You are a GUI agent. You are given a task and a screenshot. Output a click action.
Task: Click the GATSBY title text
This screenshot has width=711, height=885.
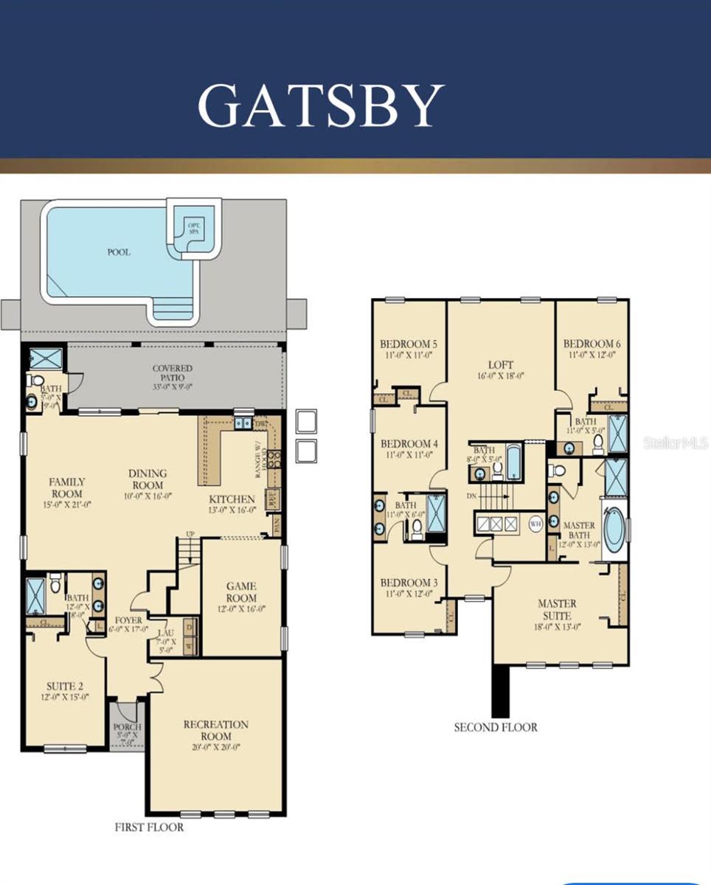[321, 106]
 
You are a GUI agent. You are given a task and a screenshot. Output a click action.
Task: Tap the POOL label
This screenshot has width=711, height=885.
[118, 252]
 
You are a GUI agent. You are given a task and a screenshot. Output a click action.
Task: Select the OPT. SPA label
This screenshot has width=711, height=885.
[193, 227]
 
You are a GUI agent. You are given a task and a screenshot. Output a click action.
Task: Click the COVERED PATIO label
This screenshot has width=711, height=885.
[173, 373]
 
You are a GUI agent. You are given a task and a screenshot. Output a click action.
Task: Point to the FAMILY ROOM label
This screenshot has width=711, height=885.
[67, 487]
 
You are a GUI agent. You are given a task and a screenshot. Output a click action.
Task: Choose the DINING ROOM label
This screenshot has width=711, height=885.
[148, 479]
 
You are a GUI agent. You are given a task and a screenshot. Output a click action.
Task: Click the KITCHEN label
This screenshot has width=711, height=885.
[231, 499]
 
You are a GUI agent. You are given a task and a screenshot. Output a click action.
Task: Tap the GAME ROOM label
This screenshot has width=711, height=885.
[242, 592]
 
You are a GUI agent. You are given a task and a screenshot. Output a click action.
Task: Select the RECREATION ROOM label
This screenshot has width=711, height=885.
[216, 730]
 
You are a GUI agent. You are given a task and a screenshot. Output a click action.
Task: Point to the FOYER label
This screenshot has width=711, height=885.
[128, 620]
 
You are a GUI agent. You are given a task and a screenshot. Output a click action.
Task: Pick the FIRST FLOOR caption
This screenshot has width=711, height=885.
[149, 827]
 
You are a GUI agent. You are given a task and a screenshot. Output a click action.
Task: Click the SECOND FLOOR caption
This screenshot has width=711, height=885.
[496, 727]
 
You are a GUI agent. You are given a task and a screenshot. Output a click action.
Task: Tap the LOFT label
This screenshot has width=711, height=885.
[500, 364]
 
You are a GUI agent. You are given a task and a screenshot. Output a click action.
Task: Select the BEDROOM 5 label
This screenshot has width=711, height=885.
[409, 344]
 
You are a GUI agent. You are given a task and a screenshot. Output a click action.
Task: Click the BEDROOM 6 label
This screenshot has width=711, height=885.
[592, 344]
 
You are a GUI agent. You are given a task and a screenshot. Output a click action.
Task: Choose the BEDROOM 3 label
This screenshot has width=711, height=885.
[409, 583]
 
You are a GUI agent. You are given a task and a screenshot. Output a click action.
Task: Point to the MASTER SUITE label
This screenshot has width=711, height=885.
[558, 609]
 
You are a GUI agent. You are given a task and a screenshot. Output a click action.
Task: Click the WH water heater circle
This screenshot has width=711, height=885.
[536, 524]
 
